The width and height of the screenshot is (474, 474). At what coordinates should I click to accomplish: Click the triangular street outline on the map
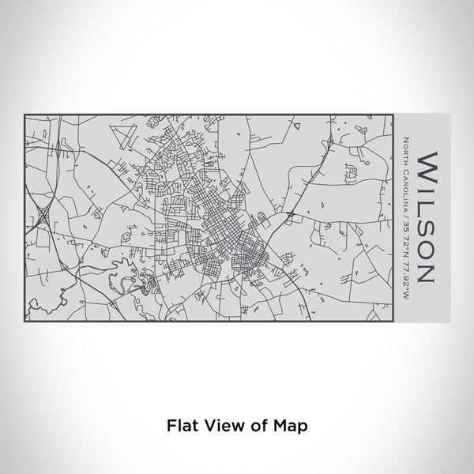click(121, 134)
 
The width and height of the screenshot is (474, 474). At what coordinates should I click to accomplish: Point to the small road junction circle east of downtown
click(292, 213)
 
